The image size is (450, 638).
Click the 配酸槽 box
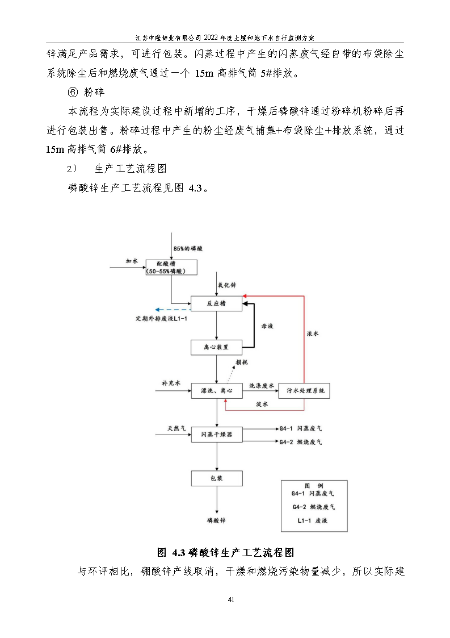pyautogui.click(x=171, y=268)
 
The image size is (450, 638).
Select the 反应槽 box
pyautogui.click(x=216, y=304)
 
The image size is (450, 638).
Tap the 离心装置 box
pyautogui.click(x=216, y=347)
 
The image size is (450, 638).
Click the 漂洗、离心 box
pyautogui.click(x=216, y=390)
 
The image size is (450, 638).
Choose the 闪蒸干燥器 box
pyautogui.click(x=216, y=435)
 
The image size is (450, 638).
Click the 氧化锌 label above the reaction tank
pyautogui.click(x=227, y=286)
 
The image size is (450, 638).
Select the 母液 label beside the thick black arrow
pyautogui.click(x=267, y=326)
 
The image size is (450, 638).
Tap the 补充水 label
pyautogui.click(x=171, y=383)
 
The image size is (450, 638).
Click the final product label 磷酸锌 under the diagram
pyautogui.click(x=216, y=520)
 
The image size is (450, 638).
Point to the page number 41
pyautogui.click(x=230, y=600)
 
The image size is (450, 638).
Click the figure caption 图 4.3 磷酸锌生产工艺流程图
pyautogui.click(x=225, y=552)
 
